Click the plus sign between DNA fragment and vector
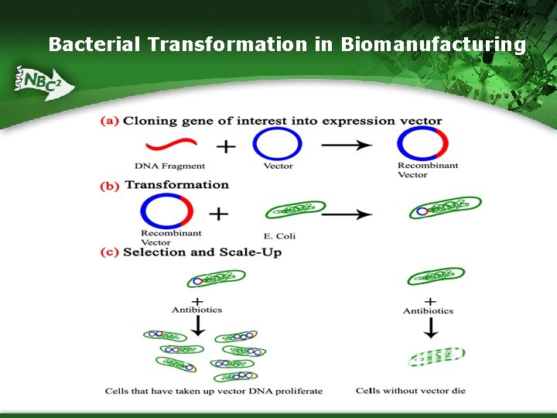coord(226,146)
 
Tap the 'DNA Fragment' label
coord(169,166)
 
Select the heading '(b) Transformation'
coord(165,185)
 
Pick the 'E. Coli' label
coord(279,235)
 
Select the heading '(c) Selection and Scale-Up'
coord(191,252)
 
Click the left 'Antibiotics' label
coord(196,310)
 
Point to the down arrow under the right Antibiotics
coord(431,328)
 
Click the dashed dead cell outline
coord(436,357)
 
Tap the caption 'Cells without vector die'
coord(410,391)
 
